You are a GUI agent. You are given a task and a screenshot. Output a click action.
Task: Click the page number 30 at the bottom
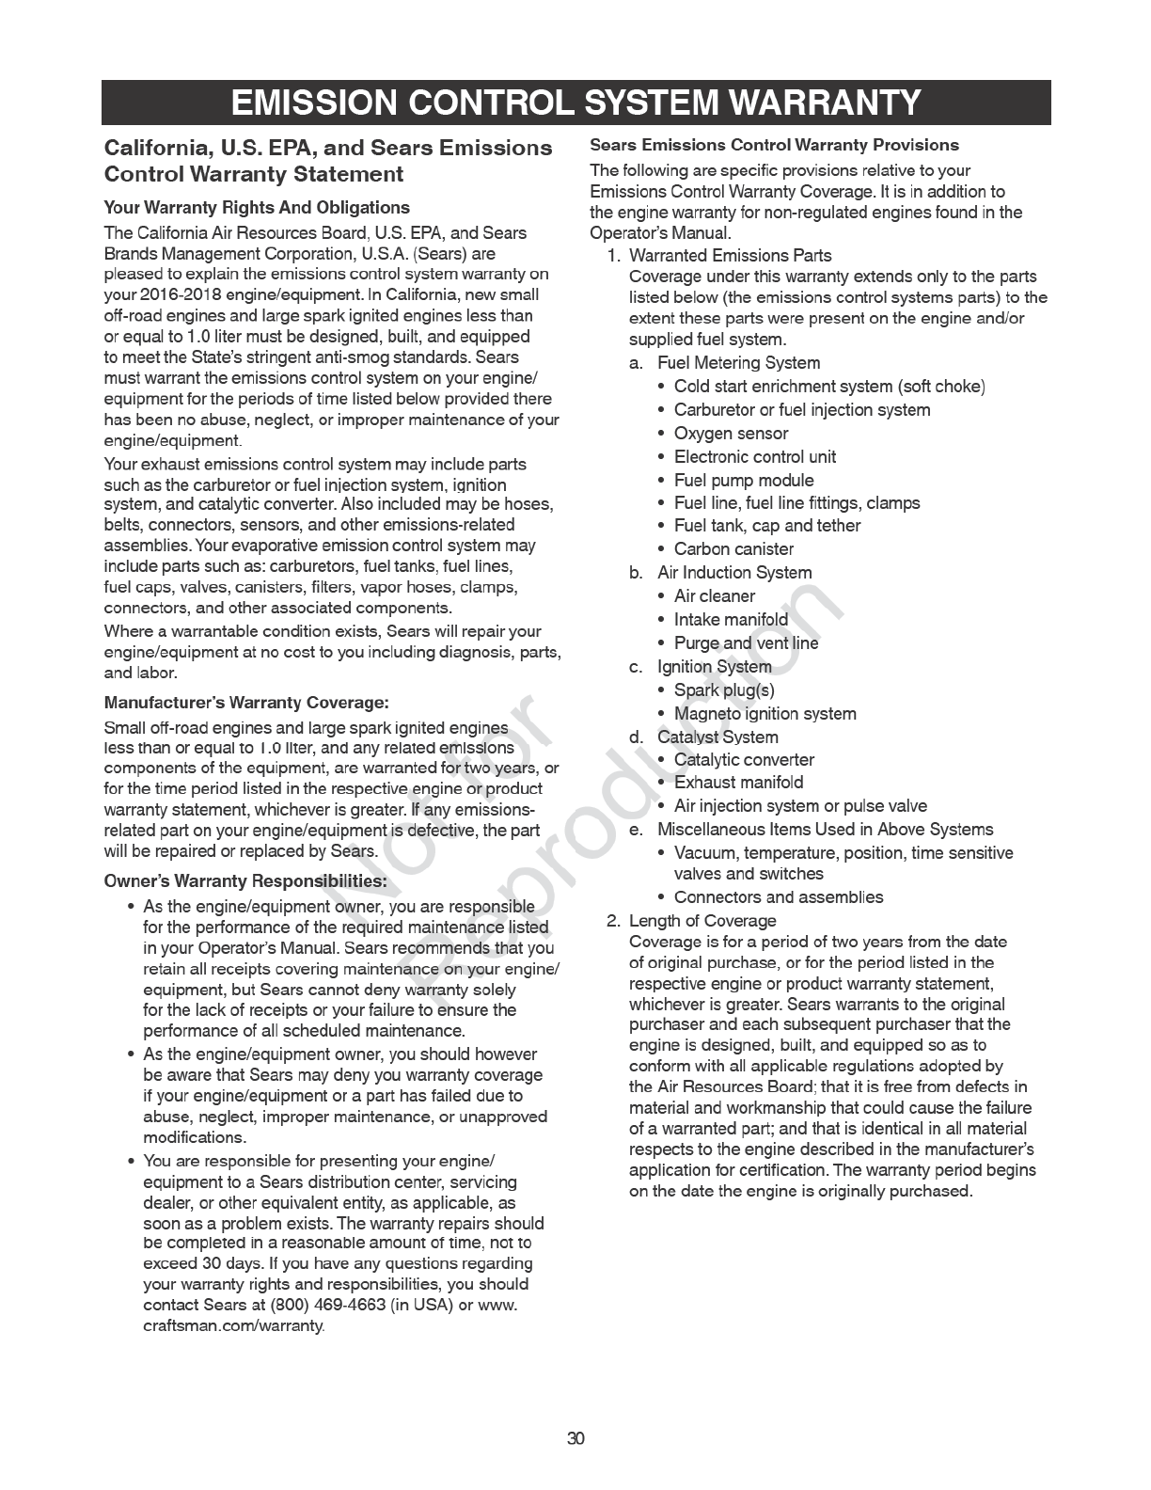[575, 1438]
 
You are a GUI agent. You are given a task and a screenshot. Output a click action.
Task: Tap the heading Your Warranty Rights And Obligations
[257, 208]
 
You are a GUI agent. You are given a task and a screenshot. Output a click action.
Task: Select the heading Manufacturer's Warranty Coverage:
[246, 703]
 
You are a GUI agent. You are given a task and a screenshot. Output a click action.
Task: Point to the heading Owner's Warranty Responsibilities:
[245, 881]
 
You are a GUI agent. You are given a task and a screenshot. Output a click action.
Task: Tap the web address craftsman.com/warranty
[233, 1326]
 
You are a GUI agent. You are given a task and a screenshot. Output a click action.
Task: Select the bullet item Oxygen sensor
[731, 434]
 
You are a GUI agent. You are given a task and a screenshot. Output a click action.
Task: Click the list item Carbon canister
[733, 549]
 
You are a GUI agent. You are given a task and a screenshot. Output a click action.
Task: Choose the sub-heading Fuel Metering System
[738, 363]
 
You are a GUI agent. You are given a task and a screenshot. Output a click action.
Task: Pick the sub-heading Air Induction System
[734, 573]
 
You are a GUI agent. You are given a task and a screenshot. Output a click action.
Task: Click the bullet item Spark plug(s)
[724, 690]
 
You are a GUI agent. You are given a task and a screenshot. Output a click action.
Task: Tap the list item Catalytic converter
[744, 760]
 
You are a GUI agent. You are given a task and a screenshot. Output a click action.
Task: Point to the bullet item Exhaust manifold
[738, 783]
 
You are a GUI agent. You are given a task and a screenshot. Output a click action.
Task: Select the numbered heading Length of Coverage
[702, 921]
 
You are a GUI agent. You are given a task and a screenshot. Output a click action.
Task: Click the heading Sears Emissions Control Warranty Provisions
[774, 145]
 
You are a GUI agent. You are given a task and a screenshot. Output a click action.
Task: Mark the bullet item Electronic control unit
[754, 457]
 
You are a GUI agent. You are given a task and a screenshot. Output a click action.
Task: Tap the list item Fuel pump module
[744, 481]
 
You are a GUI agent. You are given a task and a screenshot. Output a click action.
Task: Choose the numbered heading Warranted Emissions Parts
[730, 256]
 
